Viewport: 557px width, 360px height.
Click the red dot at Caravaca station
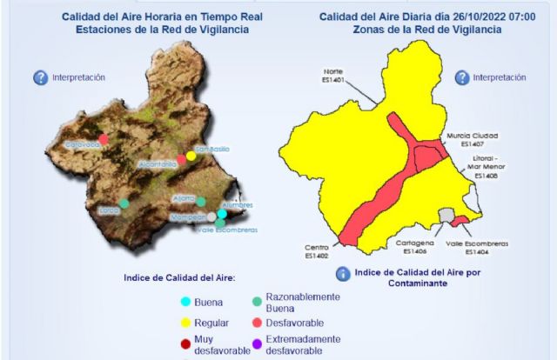click(104, 138)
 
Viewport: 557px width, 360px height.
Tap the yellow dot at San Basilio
click(191, 156)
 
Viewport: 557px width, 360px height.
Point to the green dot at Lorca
click(124, 203)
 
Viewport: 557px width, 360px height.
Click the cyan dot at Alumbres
click(222, 213)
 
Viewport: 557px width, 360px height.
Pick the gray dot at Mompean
click(211, 217)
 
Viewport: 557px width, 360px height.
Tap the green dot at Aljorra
click(200, 202)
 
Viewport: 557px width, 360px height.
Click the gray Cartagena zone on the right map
click(446, 214)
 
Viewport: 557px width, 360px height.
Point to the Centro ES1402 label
click(316, 251)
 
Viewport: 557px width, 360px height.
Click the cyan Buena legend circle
click(185, 303)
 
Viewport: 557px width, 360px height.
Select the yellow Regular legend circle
click(185, 323)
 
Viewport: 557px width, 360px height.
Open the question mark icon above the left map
click(40, 77)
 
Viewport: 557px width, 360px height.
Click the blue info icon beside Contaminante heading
click(342, 274)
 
